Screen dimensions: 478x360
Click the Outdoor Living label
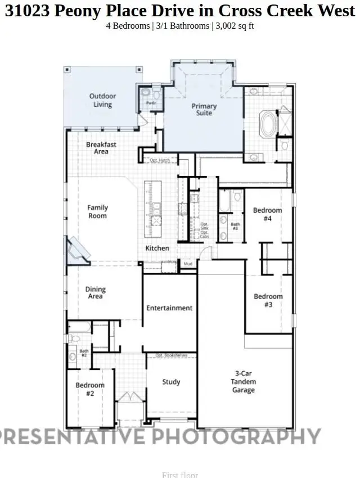(x=102, y=100)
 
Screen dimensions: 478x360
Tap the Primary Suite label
(x=204, y=109)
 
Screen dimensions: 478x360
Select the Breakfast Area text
(x=101, y=148)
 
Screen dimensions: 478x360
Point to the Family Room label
(x=97, y=211)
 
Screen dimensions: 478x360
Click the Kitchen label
(x=157, y=248)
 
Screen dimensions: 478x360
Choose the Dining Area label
(x=96, y=293)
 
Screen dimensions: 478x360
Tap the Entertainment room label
(x=169, y=308)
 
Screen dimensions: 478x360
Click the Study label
(x=171, y=382)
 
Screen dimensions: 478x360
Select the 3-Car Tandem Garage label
(x=244, y=381)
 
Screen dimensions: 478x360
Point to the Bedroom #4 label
(x=267, y=214)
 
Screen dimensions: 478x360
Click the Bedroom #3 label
(x=268, y=300)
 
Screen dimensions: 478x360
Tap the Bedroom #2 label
(x=90, y=389)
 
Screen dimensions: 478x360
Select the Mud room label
(x=188, y=263)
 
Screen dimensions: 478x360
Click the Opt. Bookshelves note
(x=172, y=355)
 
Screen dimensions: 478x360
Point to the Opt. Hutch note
(x=160, y=161)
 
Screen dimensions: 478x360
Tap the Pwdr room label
(x=151, y=103)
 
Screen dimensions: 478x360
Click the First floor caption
(x=180, y=475)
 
